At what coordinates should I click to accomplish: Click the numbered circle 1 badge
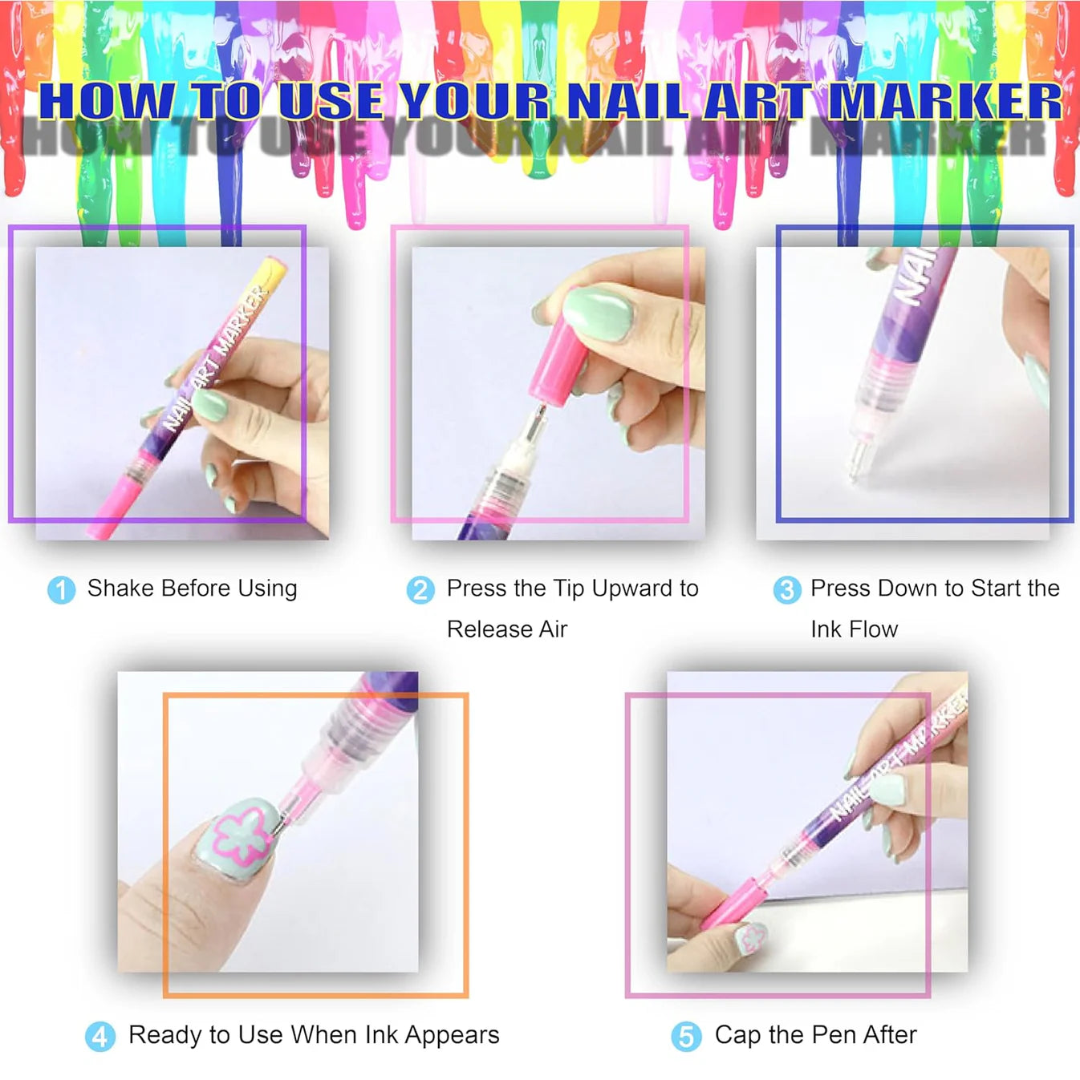(x=61, y=589)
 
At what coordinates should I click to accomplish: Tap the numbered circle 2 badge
(x=420, y=589)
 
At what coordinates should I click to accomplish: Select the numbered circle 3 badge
(x=786, y=589)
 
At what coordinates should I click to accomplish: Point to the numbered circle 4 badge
(x=99, y=1036)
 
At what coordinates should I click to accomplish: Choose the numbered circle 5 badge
(x=686, y=1036)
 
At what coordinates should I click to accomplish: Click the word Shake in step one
(x=120, y=588)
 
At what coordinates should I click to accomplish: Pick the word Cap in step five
(x=737, y=1035)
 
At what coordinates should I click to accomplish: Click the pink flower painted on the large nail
(x=238, y=838)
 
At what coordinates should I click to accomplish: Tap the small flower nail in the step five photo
(x=752, y=937)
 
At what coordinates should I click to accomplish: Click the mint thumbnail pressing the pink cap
(x=598, y=313)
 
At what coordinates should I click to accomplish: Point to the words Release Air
(x=506, y=629)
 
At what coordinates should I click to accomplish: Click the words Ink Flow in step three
(x=854, y=629)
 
